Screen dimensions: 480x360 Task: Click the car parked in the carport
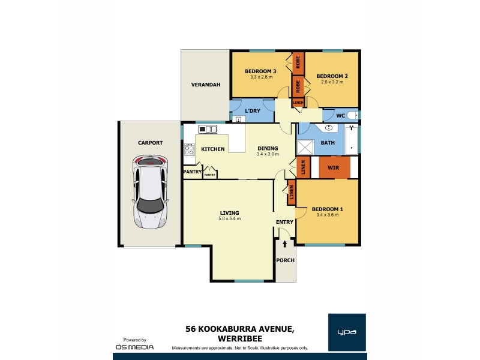pyautogui.click(x=150, y=192)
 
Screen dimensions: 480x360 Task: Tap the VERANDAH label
pyautogui.click(x=206, y=85)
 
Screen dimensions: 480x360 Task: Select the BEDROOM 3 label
pyautogui.click(x=260, y=71)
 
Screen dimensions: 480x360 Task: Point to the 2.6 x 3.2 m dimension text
pyautogui.click(x=332, y=82)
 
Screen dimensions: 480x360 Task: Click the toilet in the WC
pyautogui.click(x=352, y=115)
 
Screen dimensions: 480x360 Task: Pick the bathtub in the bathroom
pyautogui.click(x=351, y=140)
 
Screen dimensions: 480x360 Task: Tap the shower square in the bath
pyautogui.click(x=305, y=147)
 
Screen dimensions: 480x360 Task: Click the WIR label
pyautogui.click(x=333, y=168)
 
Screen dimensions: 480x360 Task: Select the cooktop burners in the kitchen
pyautogui.click(x=189, y=149)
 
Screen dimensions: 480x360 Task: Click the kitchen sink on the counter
pyautogui.click(x=208, y=129)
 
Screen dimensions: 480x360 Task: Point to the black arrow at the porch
pyautogui.click(x=285, y=244)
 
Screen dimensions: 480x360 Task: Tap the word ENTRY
pyautogui.click(x=284, y=222)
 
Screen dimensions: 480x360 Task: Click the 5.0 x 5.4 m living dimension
pyautogui.click(x=230, y=219)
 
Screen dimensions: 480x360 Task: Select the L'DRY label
pyautogui.click(x=253, y=111)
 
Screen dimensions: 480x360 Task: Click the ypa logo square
pyautogui.click(x=347, y=332)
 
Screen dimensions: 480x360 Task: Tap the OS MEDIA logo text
pyautogui.click(x=134, y=347)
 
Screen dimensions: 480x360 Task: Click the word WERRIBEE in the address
pyautogui.click(x=240, y=339)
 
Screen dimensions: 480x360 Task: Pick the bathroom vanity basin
pyautogui.click(x=328, y=128)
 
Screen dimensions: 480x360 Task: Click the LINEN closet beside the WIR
pyautogui.click(x=303, y=167)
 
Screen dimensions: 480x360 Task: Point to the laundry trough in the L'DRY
pyautogui.click(x=239, y=119)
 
